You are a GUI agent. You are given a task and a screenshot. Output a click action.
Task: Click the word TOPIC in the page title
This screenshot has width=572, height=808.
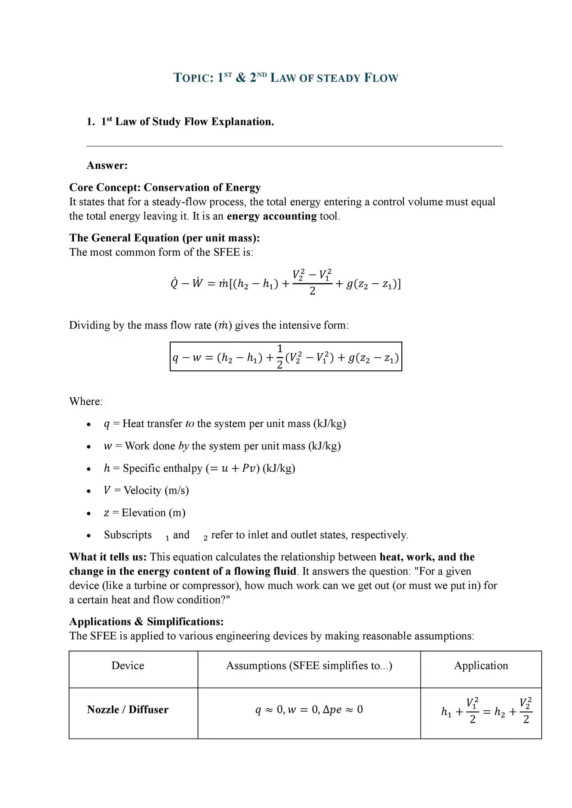tap(193, 78)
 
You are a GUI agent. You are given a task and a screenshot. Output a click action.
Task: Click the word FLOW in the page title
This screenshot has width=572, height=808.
tap(381, 78)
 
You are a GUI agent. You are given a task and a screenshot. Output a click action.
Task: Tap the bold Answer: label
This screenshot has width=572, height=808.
tap(107, 165)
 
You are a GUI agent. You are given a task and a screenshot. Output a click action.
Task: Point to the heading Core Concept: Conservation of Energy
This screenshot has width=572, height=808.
tap(165, 187)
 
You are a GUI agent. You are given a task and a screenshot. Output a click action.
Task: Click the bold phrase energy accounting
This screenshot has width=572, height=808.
tap(271, 216)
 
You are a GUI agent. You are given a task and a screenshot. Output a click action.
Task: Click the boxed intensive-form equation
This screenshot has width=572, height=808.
tap(286, 357)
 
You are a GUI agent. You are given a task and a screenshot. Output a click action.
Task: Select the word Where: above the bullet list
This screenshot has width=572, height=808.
tap(86, 401)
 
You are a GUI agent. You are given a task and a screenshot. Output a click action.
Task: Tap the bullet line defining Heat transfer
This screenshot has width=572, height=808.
tap(225, 423)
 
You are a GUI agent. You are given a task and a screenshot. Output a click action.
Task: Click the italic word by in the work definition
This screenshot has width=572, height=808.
tap(184, 446)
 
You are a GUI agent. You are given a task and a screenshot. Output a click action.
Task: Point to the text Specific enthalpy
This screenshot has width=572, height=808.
tap(163, 468)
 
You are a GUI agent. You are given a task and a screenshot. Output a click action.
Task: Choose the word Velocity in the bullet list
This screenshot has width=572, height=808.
tap(142, 490)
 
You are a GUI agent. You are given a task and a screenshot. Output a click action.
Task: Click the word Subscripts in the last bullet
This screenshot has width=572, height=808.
tap(128, 535)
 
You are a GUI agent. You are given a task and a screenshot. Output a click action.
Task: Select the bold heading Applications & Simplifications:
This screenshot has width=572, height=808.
tap(146, 622)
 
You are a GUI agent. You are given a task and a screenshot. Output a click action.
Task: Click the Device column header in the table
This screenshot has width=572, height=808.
tap(128, 665)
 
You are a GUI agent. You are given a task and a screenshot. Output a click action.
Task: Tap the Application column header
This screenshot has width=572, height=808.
tap(481, 665)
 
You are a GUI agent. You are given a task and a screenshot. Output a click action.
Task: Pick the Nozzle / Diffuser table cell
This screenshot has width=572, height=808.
tap(128, 710)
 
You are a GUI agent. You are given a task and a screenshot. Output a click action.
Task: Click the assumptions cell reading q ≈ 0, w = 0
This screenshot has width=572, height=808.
tap(309, 710)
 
